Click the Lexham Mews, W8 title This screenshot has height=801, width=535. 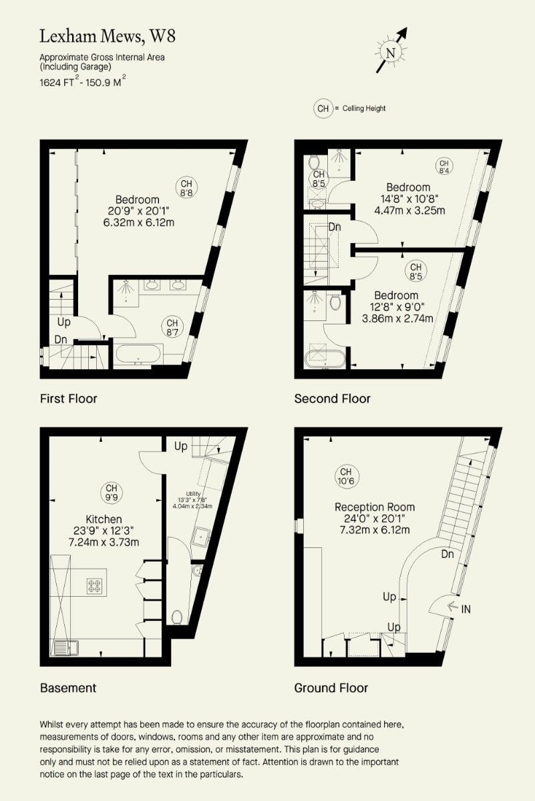[108, 37]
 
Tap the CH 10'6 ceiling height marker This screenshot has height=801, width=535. [346, 477]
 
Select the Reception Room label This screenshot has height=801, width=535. [375, 507]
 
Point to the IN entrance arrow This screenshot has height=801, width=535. [452, 606]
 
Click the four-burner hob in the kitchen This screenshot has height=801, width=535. [94, 586]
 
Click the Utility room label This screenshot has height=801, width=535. [193, 494]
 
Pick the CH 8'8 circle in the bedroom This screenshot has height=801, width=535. [186, 188]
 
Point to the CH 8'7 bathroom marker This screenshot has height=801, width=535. [172, 327]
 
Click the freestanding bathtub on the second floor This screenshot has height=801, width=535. [325, 358]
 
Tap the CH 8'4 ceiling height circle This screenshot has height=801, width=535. [444, 167]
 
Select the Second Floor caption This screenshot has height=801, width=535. [332, 398]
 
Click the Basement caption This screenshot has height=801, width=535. [68, 688]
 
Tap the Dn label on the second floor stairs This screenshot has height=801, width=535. [335, 227]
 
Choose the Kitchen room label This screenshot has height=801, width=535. [104, 519]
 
